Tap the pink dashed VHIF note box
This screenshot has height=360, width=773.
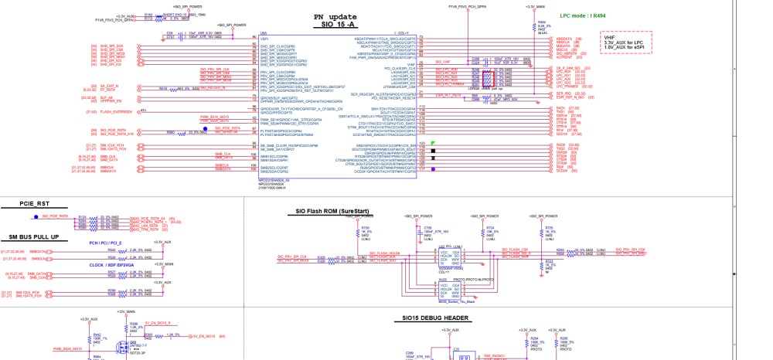[626, 42]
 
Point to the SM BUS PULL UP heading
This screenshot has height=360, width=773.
[34, 236]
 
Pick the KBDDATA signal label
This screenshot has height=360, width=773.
[564, 38]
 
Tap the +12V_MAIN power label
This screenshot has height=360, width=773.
[126, 311]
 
